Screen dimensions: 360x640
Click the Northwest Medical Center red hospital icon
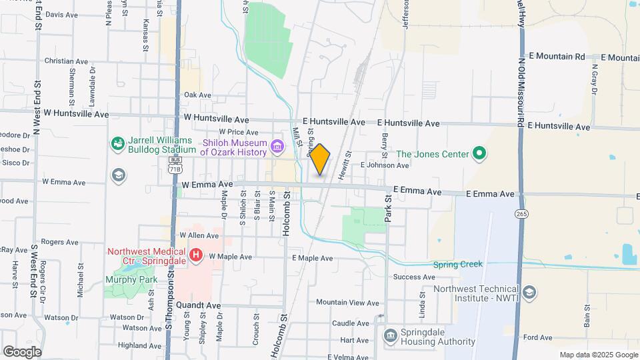[x=196, y=255]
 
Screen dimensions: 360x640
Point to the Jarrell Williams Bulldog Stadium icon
[x=118, y=143]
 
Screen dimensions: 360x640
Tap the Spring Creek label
[x=457, y=265]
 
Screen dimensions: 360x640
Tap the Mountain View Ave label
[x=347, y=303]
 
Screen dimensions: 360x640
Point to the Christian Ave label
[x=66, y=61]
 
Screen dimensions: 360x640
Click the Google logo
[x=22, y=352]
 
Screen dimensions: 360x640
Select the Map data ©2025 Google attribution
[x=597, y=355]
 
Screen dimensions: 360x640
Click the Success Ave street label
[x=414, y=277]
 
